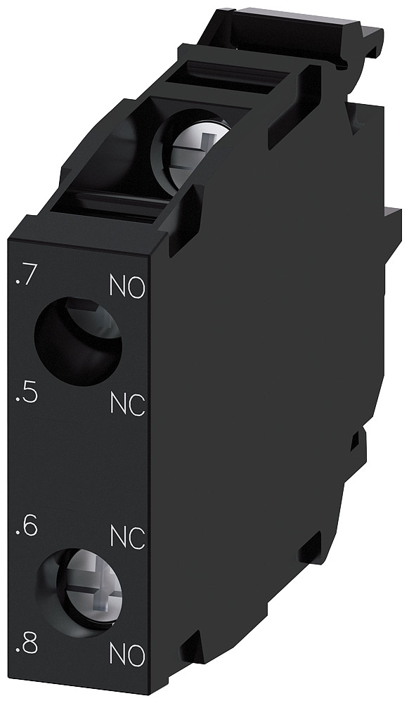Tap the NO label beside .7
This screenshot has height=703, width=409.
point(127,287)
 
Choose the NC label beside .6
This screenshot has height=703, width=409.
point(128,537)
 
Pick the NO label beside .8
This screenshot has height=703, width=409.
point(127,655)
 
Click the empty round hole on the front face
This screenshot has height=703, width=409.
point(77,341)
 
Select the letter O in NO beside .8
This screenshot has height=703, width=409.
point(136,655)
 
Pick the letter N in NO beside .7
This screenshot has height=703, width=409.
point(118,287)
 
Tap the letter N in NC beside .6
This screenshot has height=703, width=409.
point(119,537)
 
